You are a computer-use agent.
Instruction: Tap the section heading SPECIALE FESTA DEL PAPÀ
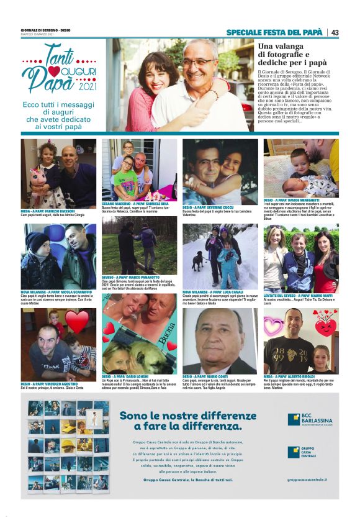(x=274, y=32)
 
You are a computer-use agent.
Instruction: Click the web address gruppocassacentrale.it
(x=307, y=480)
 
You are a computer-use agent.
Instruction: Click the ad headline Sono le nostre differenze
(x=197, y=420)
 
